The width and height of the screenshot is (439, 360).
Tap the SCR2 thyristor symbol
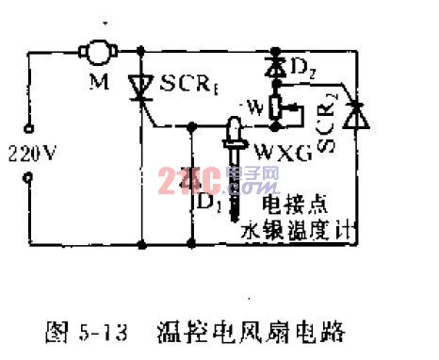[352, 115]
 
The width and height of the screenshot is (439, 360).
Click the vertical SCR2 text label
[328, 132]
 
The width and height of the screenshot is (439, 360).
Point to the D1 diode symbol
[193, 177]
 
